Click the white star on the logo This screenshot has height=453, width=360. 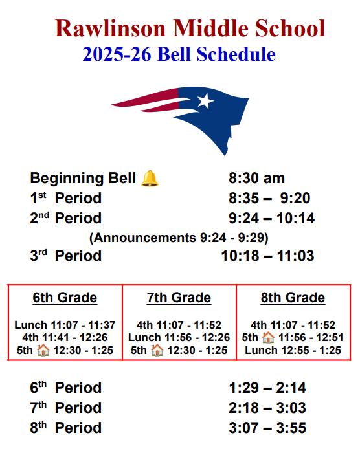tap(205, 101)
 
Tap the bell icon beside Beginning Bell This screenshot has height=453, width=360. tap(150, 179)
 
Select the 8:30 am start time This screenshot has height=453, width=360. tap(256, 179)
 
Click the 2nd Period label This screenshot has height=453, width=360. tap(65, 218)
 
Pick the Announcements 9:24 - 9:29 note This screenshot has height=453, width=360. tap(179, 237)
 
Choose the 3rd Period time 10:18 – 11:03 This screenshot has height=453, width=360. tap(267, 256)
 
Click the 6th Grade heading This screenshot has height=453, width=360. tap(65, 298)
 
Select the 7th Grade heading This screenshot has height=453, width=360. tap(179, 298)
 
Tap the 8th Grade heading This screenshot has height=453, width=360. tap(293, 298)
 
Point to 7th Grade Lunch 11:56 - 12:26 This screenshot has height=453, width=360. tap(179, 338)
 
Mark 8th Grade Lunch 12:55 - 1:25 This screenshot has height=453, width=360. tap(293, 350)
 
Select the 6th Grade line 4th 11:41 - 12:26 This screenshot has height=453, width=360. tap(65, 338)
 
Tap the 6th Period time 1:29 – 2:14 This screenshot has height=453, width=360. tap(267, 388)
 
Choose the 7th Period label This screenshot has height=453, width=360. tap(65, 408)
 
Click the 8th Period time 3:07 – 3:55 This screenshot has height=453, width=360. tap(267, 428)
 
